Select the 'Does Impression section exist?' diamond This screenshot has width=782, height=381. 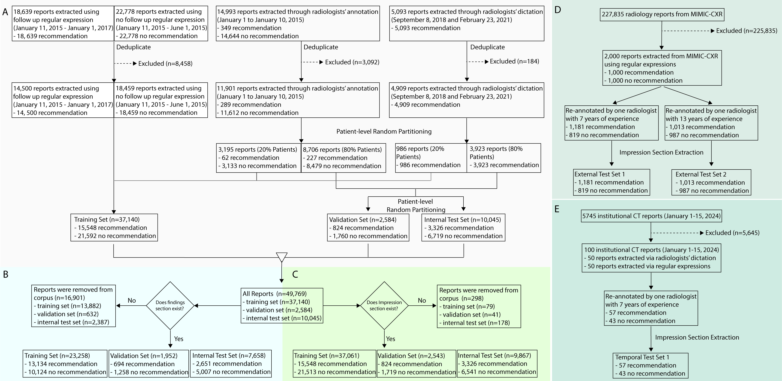pos(384,305)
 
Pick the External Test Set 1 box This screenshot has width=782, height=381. pos(611,182)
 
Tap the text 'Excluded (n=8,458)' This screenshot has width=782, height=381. pos(165,63)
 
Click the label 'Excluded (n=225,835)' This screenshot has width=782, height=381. pos(747,31)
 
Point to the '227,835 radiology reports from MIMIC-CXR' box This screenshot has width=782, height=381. pos(662,14)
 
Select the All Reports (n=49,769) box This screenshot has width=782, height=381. pos(282,306)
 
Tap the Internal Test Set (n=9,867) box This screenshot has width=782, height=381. pos(497,364)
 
